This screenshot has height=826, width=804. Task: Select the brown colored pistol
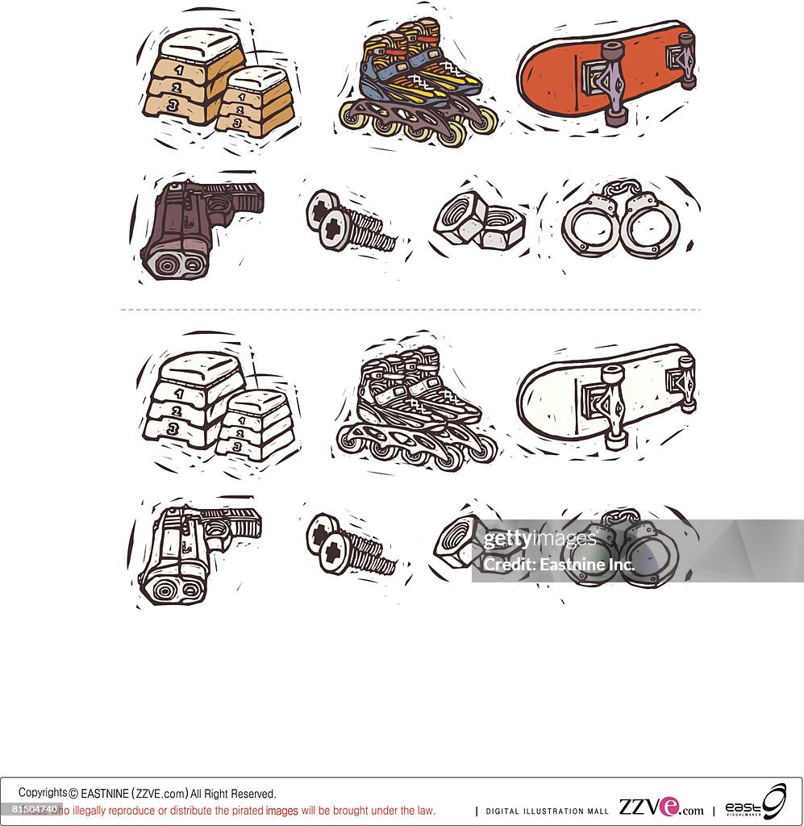pyautogui.click(x=194, y=226)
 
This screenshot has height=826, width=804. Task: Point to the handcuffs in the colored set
pyautogui.click(x=621, y=222)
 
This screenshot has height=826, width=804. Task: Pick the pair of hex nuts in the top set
pyautogui.click(x=479, y=222)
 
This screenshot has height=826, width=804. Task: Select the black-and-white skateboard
pyautogui.click(x=605, y=395)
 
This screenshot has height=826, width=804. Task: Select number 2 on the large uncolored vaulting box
pyautogui.click(x=177, y=409)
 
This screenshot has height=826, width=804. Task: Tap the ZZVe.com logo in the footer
pyautogui.click(x=660, y=807)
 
